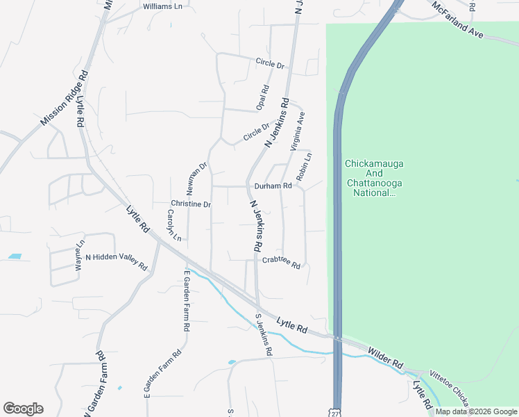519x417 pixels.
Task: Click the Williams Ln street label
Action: tap(162, 6)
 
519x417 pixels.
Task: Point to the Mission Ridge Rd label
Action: tap(65, 98)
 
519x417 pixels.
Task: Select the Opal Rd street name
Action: tap(262, 97)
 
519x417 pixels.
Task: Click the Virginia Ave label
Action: tap(298, 131)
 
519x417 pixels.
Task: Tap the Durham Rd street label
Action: tap(273, 186)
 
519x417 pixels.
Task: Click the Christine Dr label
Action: tap(191, 204)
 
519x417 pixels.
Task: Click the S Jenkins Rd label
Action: tap(263, 334)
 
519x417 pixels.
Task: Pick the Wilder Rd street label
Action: tap(385, 359)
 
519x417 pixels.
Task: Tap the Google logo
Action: tap(23, 409)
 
